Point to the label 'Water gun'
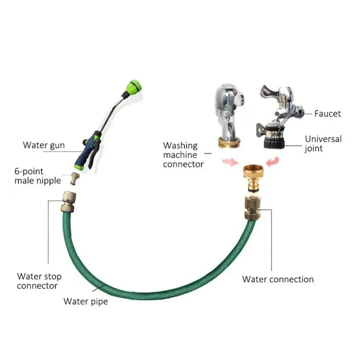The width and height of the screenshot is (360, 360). tap(44, 145)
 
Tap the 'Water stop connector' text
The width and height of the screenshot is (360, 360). tap(39, 281)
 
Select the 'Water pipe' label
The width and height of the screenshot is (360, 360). tap(85, 301)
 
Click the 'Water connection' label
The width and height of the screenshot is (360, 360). tap(278, 279)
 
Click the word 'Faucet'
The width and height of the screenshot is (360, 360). tap(327, 113)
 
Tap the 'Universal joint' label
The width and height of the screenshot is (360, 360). tap(323, 144)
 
